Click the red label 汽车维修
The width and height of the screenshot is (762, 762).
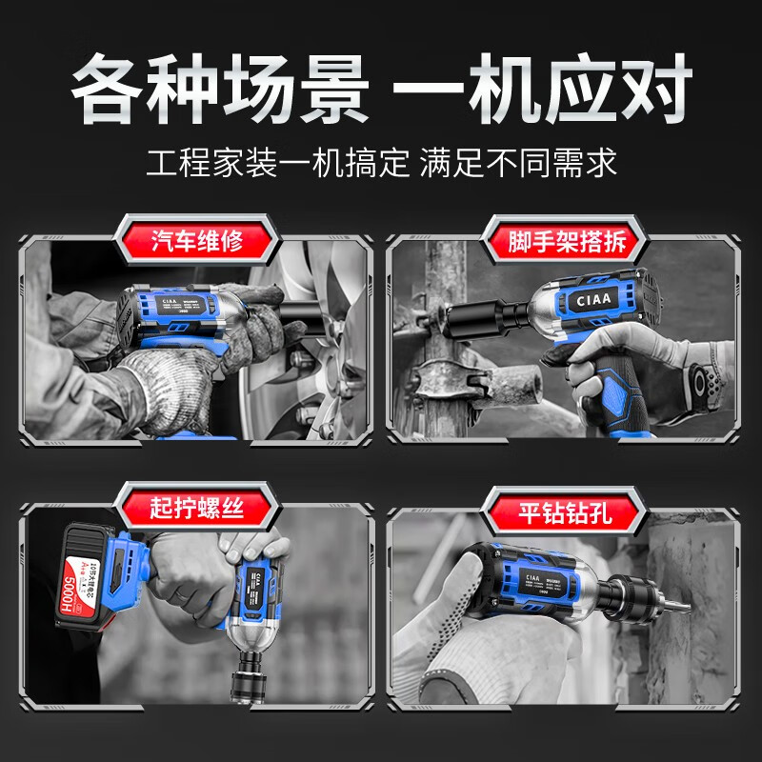[x=197, y=240]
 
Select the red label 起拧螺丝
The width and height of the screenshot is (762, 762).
[x=197, y=507]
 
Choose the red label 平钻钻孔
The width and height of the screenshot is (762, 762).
[x=564, y=513]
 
